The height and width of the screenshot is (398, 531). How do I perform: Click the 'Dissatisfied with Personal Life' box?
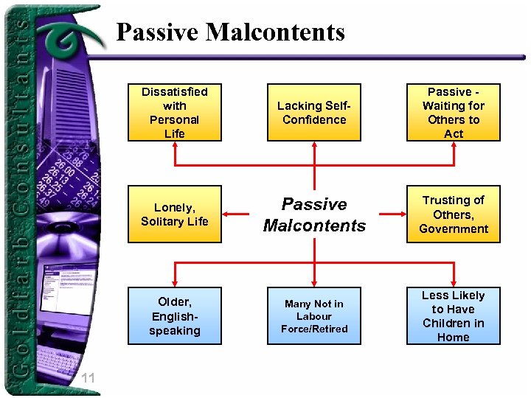coord(174,112)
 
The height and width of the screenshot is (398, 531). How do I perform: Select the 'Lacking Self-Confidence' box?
coord(314,112)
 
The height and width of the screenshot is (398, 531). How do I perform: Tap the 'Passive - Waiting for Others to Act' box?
coord(454,112)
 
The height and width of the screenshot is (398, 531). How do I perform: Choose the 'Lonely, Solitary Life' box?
coord(174,214)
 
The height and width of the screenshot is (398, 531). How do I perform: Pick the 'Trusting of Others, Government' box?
coord(454,214)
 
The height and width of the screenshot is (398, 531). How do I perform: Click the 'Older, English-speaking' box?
coord(174,316)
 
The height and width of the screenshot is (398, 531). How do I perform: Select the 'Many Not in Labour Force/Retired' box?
coord(314,316)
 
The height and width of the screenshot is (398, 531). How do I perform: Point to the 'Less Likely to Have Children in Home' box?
coord(454,316)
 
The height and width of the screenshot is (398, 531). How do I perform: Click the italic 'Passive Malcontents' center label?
coord(314,214)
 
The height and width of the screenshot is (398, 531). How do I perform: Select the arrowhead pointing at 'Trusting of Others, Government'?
coord(402,214)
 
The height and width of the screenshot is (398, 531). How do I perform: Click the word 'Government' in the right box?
coord(454,228)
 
